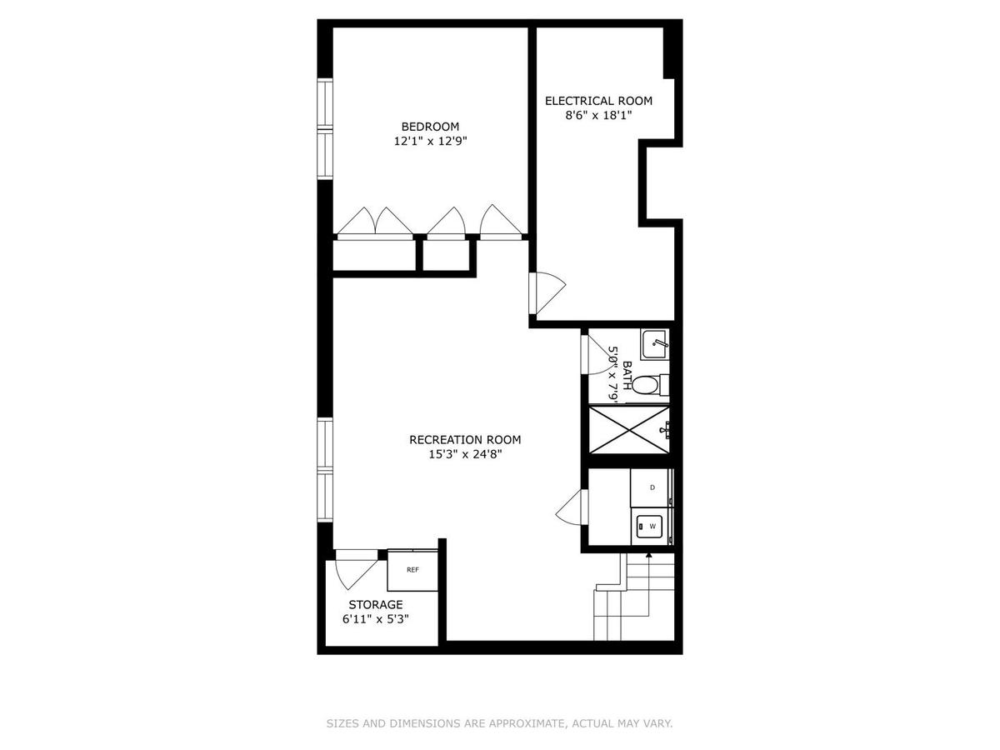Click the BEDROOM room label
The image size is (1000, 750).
pyautogui.click(x=430, y=126)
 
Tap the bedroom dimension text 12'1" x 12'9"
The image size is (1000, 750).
pyautogui.click(x=430, y=141)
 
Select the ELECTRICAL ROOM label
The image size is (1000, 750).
pyautogui.click(x=598, y=101)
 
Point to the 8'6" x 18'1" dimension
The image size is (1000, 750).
pyautogui.click(x=598, y=115)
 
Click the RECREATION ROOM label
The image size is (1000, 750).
pyautogui.click(x=465, y=439)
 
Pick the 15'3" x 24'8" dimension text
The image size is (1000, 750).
pyautogui.click(x=465, y=454)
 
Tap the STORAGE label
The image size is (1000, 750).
pyautogui.click(x=375, y=604)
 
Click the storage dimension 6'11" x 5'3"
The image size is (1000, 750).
pyautogui.click(x=375, y=619)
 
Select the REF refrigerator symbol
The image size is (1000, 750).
pyautogui.click(x=412, y=570)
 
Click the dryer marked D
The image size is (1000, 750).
pyautogui.click(x=652, y=487)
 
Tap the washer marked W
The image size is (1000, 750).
pyautogui.click(x=652, y=526)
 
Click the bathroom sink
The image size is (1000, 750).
pyautogui.click(x=654, y=344)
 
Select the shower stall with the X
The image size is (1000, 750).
pyautogui.click(x=628, y=429)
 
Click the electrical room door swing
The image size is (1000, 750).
pyautogui.click(x=550, y=292)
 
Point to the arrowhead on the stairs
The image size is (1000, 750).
pyautogui.click(x=648, y=555)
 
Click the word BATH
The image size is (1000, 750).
pyautogui.click(x=627, y=375)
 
